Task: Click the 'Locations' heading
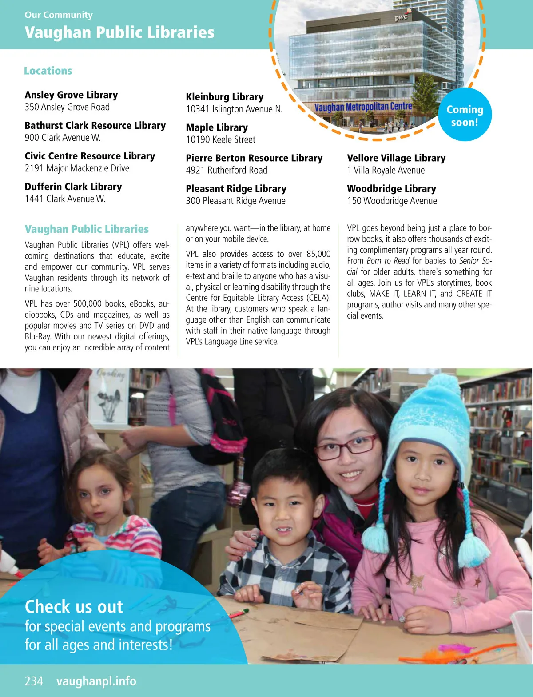click(x=48, y=71)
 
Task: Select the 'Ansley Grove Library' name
click(x=71, y=95)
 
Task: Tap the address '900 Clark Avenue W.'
click(x=63, y=138)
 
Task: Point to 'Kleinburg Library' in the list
click(x=224, y=97)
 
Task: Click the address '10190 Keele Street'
click(x=220, y=139)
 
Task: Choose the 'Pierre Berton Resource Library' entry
click(x=254, y=158)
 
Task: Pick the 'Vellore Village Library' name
click(x=396, y=158)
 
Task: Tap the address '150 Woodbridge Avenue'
click(x=392, y=201)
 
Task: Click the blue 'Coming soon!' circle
click(x=465, y=116)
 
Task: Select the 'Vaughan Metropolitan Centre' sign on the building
click(x=363, y=107)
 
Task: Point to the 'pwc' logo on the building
click(x=401, y=17)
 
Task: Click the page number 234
click(x=34, y=681)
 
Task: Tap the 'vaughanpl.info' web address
click(x=96, y=681)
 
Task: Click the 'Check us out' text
click(x=74, y=607)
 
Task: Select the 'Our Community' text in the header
click(x=59, y=15)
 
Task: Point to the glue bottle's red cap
click(x=17, y=573)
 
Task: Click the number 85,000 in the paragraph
click(x=318, y=254)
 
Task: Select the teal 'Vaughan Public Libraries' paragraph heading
click(x=87, y=229)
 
